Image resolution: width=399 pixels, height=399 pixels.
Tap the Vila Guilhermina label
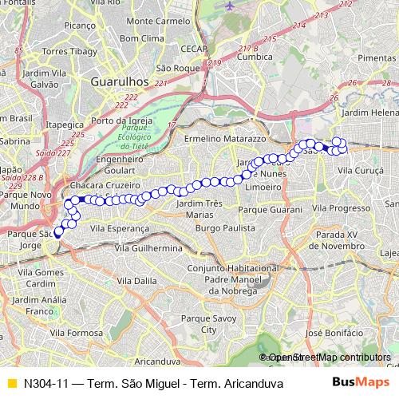pos(149,248)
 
